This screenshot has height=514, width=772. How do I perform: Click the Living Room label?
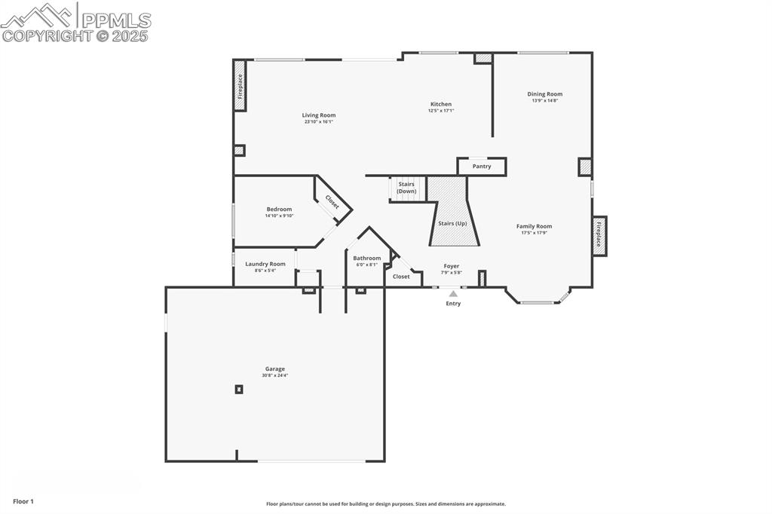coord(319,115)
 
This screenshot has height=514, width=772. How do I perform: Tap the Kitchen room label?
coord(441,104)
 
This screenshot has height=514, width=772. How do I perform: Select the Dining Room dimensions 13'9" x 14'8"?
coord(544,100)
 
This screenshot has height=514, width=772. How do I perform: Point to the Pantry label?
coord(482,167)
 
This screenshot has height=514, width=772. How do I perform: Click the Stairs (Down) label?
coord(406,188)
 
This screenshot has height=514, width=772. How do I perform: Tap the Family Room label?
coord(534,226)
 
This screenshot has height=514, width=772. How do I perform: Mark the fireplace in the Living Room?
coord(240,86)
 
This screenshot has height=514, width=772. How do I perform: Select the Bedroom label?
coord(279,210)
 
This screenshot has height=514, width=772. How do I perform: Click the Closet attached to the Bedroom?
coord(332,202)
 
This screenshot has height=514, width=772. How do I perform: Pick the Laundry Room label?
coord(265,264)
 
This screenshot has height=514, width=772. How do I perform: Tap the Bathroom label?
coord(367,259)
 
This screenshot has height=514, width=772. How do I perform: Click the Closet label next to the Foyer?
coord(401,277)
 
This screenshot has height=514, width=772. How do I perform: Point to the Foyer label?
coord(452,266)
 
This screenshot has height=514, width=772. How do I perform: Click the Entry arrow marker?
coord(453,294)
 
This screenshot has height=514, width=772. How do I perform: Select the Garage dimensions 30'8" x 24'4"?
coord(274,375)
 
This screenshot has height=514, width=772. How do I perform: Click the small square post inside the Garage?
coord(239,389)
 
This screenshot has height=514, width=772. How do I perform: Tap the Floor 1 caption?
coord(23,501)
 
